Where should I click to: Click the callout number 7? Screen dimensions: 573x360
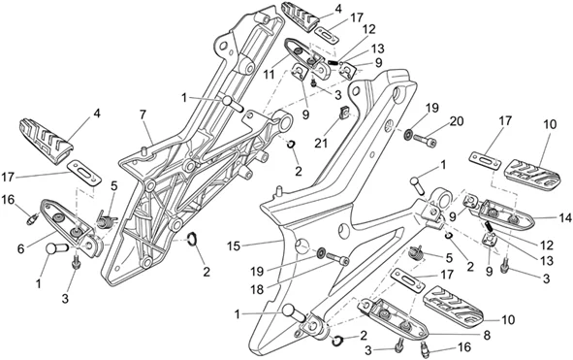143,115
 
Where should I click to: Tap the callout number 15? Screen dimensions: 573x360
233,246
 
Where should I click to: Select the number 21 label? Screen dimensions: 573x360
321,144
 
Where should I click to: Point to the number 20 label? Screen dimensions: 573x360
457,120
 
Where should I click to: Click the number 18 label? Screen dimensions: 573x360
257,290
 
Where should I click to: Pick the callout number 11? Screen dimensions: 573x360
269,75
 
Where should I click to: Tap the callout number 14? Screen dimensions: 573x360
565,218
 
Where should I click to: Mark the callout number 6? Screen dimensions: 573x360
20,248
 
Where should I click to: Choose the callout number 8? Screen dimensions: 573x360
487,336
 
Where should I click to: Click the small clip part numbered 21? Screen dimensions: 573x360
344,113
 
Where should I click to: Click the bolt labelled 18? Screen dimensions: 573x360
337,259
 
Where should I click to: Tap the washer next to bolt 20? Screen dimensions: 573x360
407,134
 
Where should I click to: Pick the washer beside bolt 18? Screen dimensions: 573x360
322,252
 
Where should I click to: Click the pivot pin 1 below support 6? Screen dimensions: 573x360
56,248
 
